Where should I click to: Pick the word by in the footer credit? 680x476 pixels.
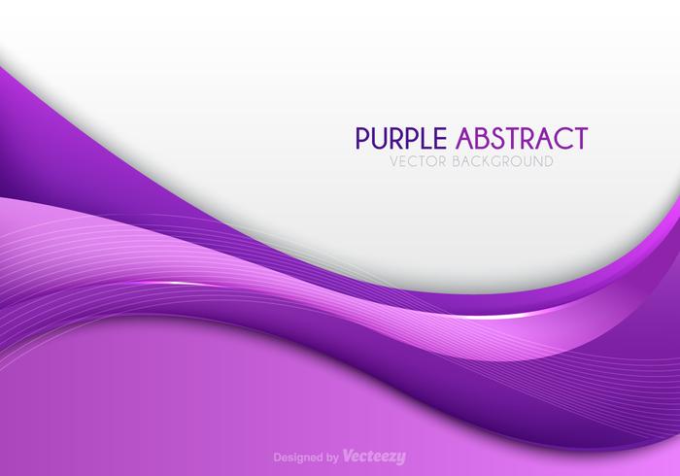pos(330,456)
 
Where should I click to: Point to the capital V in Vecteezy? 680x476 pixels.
pos(347,456)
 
